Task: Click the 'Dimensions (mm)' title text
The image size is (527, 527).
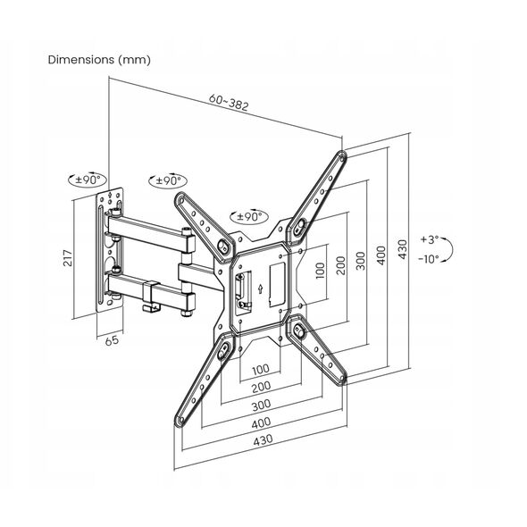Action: click(99, 60)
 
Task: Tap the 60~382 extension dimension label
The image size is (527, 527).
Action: click(229, 102)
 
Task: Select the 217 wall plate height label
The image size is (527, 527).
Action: click(68, 258)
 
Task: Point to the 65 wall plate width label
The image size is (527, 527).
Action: click(112, 340)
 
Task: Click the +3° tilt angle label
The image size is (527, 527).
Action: click(430, 239)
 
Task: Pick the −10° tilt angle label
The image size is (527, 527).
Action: click(429, 259)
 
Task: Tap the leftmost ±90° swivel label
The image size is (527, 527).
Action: click(88, 180)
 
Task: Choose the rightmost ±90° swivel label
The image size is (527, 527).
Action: click(249, 217)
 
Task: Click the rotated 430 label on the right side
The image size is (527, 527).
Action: click(402, 249)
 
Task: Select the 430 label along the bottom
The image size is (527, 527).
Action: click(263, 440)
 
